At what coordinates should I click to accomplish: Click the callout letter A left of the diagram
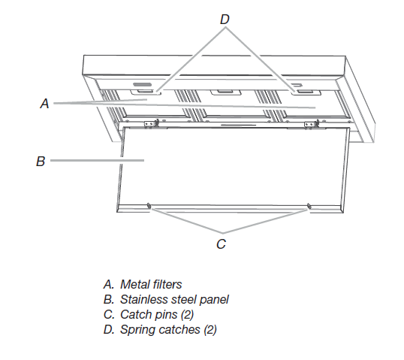pos(44,105)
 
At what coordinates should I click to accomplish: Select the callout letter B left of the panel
pos(41,160)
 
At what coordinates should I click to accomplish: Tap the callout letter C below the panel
pos(222,244)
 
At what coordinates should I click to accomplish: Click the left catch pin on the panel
pos(149,206)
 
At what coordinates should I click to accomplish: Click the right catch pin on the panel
pos(309,206)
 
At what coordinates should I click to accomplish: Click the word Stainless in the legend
pos(142,299)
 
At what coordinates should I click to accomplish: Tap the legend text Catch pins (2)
pos(155,314)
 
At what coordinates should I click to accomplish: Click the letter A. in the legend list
pos(108,285)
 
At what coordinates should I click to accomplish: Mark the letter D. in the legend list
pos(108,329)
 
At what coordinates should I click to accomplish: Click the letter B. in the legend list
pos(108,299)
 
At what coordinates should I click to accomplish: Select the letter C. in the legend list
pos(108,314)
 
